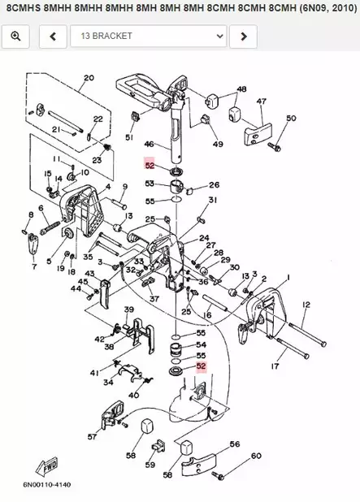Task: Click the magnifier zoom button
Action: coord(15,37)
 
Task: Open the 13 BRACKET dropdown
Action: coord(147,37)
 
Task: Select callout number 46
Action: coord(149,145)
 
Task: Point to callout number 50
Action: coord(291,119)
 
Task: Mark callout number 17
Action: coord(274,366)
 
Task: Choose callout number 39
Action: coord(128,310)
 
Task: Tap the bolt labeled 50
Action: coord(274,147)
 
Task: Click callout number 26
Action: coord(215,184)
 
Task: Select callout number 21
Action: coord(57,130)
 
